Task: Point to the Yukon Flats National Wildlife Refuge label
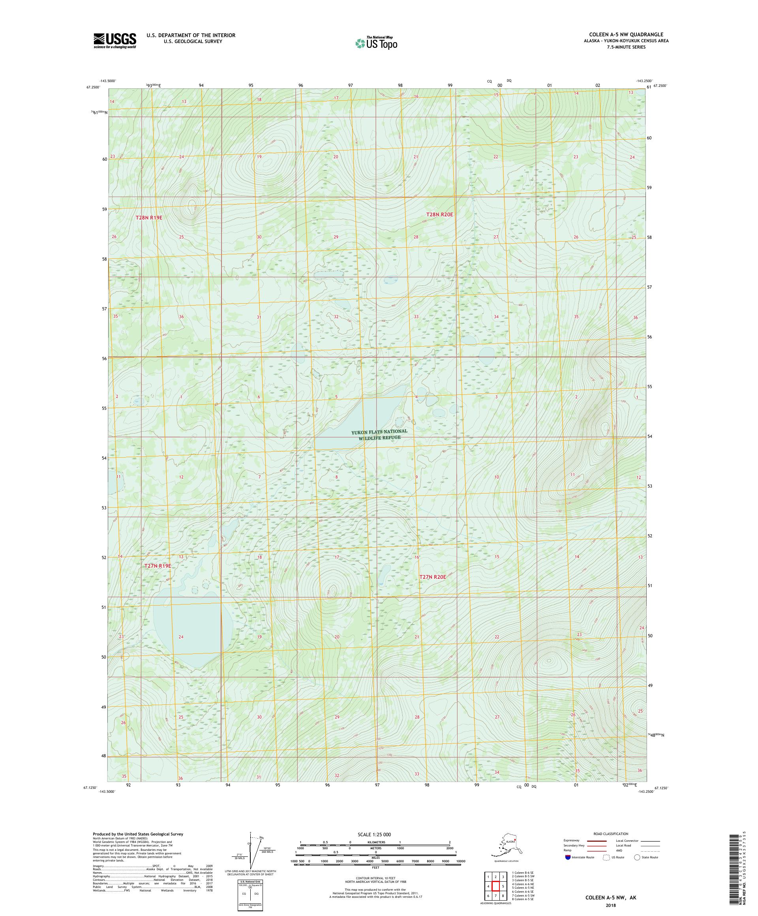(379, 434)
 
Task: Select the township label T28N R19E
(149, 217)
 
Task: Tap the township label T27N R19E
(158, 566)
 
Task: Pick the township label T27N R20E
(432, 576)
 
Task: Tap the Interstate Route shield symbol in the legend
(568, 857)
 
